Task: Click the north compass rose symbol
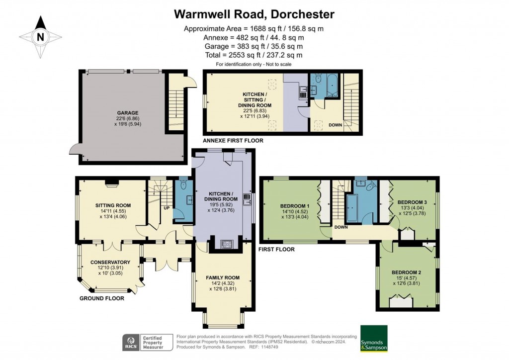[x=40, y=36]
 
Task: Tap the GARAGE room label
[x=128, y=113]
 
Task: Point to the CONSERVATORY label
[x=110, y=262]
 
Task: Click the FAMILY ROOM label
[x=223, y=277]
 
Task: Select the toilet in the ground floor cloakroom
[x=183, y=185]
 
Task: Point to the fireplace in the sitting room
[x=111, y=182]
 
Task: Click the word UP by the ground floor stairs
[x=167, y=207]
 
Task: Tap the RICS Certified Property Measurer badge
[x=147, y=342]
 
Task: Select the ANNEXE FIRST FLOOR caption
[x=233, y=141]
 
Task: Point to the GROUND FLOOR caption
[x=102, y=298]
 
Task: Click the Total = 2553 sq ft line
[x=254, y=55]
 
